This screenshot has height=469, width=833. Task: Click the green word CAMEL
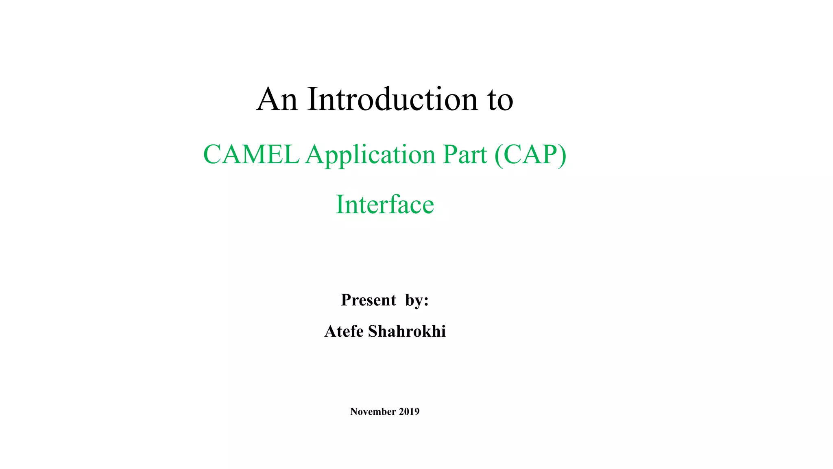(251, 155)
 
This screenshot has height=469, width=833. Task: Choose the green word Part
(464, 155)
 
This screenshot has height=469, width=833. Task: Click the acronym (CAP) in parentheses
(530, 155)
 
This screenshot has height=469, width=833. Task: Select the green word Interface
(385, 204)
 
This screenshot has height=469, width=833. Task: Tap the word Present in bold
(369, 300)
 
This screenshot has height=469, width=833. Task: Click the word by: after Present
(417, 300)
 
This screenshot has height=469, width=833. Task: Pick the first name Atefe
(344, 331)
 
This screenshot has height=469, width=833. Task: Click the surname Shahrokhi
(407, 331)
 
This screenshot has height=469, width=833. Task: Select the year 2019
(409, 412)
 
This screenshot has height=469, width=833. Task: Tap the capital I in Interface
(339, 204)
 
